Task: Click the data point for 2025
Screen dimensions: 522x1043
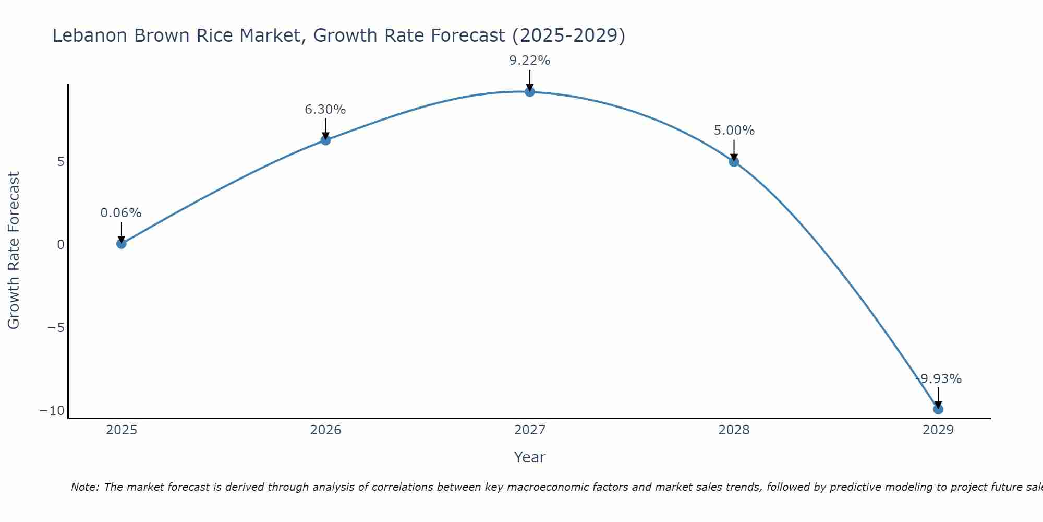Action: pos(122,243)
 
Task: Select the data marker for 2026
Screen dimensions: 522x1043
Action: pos(325,140)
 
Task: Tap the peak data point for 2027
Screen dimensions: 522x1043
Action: pos(530,92)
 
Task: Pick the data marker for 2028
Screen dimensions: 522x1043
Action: pos(734,162)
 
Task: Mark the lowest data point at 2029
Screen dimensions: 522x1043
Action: pos(938,409)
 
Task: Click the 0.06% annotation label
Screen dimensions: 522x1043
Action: pos(121,213)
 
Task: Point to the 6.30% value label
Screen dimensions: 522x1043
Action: pos(325,110)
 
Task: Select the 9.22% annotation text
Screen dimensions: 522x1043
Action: pos(530,61)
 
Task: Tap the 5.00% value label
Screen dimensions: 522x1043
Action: pos(734,130)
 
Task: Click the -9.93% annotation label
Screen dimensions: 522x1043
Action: pos(939,379)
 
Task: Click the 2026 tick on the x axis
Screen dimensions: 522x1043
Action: pos(325,430)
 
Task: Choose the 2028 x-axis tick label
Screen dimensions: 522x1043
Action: pos(734,430)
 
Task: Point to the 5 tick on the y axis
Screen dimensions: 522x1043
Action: pos(61,162)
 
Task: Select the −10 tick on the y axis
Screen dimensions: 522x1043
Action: pos(53,411)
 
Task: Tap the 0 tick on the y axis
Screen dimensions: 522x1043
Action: pos(61,244)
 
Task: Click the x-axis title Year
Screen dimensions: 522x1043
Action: pos(529,457)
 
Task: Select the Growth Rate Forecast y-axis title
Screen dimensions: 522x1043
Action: pos(14,251)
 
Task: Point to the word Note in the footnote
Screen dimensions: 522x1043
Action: pos(84,487)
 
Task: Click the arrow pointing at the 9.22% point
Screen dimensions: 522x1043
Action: pos(530,81)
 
